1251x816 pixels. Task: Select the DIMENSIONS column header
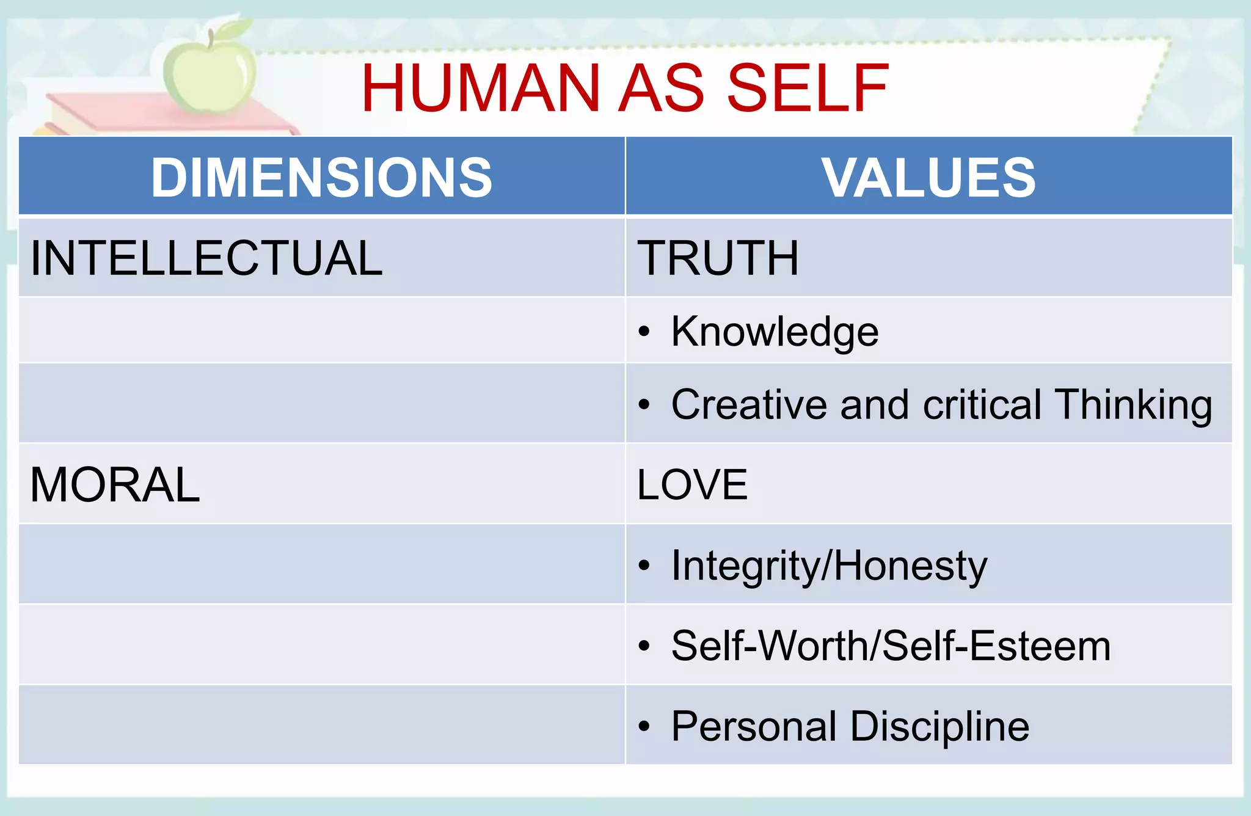point(321,177)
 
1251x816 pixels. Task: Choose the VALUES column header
point(928,177)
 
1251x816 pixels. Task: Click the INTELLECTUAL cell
point(206,258)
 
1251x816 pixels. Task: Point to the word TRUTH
point(718,258)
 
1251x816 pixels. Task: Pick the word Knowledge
point(775,332)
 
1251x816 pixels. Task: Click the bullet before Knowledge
point(644,332)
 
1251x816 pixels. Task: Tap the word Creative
point(749,404)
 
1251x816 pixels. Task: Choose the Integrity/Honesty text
point(829,566)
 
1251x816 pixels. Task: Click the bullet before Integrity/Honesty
point(644,566)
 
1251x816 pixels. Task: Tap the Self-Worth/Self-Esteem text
point(891,646)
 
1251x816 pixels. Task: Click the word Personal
point(754,726)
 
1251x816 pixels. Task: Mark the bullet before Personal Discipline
point(644,726)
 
